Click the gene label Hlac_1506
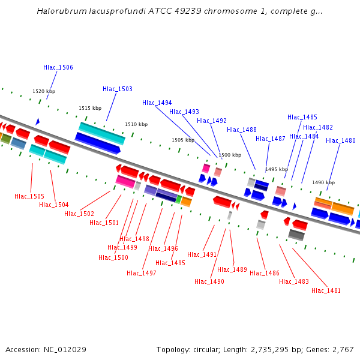[58, 68]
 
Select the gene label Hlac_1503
[118, 89]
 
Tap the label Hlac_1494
[157, 103]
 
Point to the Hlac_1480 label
[341, 141]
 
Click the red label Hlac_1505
[29, 197]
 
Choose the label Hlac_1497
[142, 274]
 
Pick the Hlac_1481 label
[326, 291]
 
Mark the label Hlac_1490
[209, 282]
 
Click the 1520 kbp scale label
[44, 92]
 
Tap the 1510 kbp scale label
[136, 125]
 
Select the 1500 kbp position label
[229, 155]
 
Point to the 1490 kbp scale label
[323, 182]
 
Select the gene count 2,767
[342, 350]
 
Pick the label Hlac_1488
[242, 130]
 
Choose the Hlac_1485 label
[302, 118]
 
